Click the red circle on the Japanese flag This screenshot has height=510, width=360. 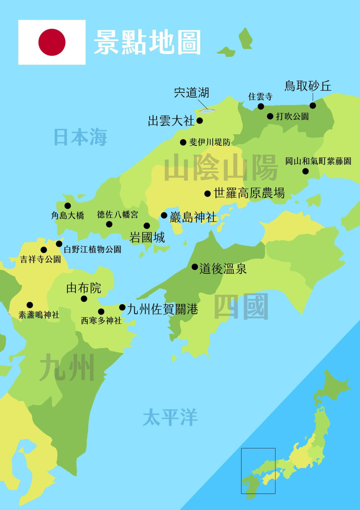point(52,42)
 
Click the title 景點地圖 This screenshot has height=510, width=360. point(147,42)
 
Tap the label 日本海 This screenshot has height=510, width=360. point(80,137)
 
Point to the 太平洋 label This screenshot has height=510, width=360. point(170,417)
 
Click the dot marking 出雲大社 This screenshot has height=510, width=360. point(200,121)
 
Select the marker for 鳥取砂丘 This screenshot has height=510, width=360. point(313,105)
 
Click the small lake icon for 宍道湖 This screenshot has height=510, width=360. point(207,111)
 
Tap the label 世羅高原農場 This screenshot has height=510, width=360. point(249,193)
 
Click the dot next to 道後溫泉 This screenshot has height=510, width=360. point(195,267)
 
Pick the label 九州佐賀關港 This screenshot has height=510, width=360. point(163,309)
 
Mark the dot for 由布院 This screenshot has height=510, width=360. point(84,299)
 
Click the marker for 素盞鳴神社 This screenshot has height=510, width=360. point(30,305)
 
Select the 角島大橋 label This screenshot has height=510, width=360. point(67,216)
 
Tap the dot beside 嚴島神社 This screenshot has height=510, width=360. point(164,216)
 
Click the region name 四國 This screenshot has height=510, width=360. point(241,307)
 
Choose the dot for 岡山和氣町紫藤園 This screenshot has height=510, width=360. point(305,171)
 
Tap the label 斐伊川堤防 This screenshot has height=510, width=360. point(210,142)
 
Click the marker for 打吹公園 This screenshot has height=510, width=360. point(270,116)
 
